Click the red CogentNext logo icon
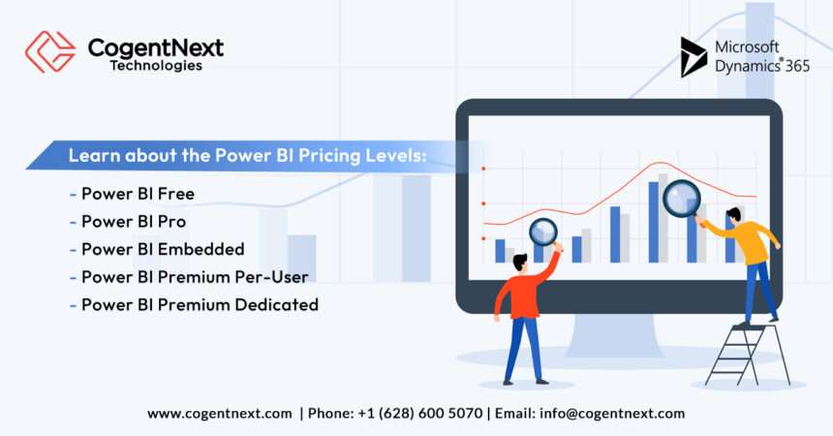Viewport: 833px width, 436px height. click(49, 51)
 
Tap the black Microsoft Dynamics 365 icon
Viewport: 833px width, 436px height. click(694, 56)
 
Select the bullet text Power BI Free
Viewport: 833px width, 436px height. click(138, 194)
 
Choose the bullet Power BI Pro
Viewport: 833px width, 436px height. click(134, 221)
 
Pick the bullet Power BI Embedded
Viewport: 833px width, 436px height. click(163, 249)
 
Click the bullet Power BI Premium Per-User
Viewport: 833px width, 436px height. click(195, 277)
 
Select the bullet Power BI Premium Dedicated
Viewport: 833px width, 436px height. click(200, 304)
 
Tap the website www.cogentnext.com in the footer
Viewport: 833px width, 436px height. click(220, 413)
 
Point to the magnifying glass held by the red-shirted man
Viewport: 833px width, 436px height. click(543, 232)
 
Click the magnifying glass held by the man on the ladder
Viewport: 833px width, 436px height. click(681, 199)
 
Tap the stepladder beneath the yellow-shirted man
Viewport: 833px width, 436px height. click(747, 354)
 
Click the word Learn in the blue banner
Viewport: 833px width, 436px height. click(88, 155)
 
